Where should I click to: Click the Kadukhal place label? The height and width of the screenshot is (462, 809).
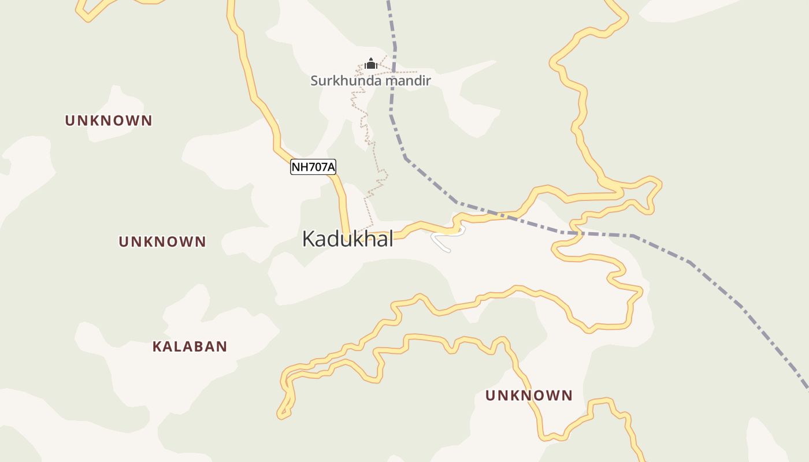347,239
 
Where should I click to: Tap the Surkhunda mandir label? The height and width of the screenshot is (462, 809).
370,80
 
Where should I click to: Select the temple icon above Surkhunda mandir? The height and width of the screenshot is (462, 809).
371,63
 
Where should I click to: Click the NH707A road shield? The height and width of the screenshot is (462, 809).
313,167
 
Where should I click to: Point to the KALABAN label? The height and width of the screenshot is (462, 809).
190,346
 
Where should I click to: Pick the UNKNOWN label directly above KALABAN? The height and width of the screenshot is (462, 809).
162,241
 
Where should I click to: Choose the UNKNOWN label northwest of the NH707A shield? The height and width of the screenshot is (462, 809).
109,121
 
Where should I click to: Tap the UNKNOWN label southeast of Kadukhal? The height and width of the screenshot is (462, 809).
529,396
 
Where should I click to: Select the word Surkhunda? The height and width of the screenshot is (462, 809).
346,80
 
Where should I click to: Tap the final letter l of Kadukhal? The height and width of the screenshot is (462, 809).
391,238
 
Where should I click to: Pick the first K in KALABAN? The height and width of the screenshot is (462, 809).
157,346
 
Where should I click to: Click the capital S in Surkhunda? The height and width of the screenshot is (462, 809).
314,80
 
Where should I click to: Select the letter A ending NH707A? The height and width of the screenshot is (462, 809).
331,167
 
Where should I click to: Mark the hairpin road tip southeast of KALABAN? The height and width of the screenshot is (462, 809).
281,414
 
